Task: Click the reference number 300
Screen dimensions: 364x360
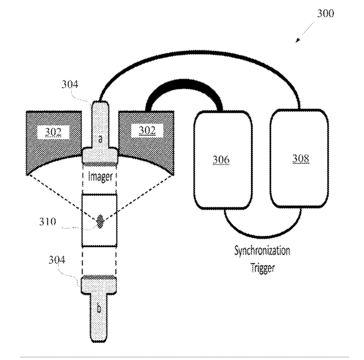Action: click(326, 14)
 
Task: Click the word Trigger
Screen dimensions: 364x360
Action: click(263, 267)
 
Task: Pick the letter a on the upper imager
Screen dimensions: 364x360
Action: click(100, 139)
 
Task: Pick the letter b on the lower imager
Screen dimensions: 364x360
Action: click(99, 308)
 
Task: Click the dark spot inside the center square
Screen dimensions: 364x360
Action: click(100, 221)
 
